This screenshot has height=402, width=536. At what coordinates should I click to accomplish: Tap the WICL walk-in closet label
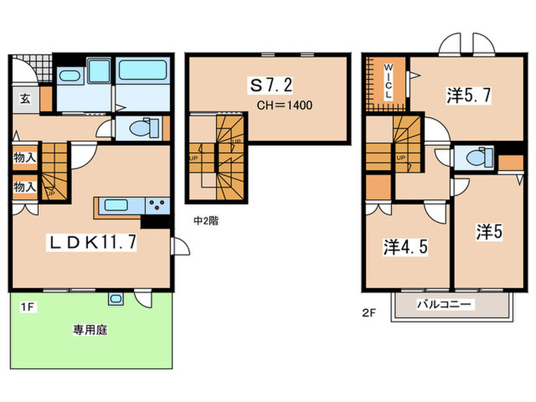(387, 87)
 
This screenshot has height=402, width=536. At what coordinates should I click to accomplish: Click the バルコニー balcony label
(445, 304)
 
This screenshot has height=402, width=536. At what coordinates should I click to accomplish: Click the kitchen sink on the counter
(119, 206)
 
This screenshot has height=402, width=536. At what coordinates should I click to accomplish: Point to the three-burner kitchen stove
(157, 205)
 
